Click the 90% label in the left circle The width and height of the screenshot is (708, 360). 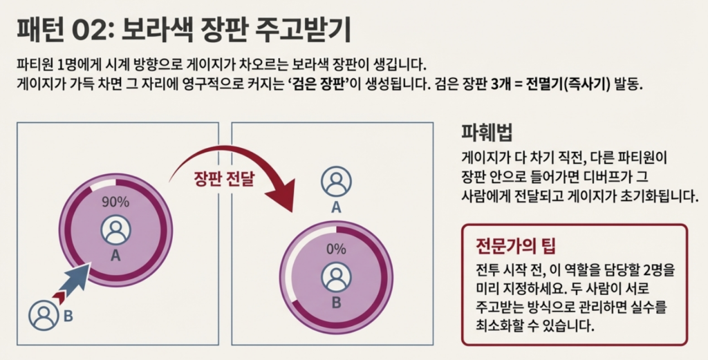click(x=115, y=202)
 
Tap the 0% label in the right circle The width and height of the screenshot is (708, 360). click(x=336, y=249)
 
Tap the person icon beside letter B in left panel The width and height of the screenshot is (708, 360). click(x=44, y=316)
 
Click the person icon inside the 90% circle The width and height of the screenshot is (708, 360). click(x=115, y=230)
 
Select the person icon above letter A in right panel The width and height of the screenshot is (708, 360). click(x=336, y=182)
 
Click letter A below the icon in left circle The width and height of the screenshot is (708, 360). click(x=115, y=256)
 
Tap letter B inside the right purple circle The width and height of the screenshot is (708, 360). click(x=336, y=302)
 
